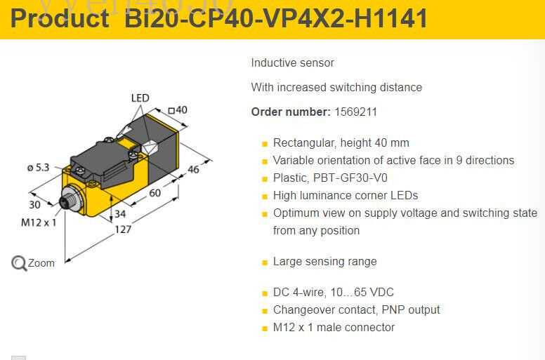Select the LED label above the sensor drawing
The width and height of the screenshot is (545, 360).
pos(140,98)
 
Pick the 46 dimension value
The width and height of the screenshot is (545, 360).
pos(194,169)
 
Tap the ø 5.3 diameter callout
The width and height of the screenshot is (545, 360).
pos(38,167)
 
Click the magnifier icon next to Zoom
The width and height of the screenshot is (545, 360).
pos(19,263)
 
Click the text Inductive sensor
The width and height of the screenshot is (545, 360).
pos(293,63)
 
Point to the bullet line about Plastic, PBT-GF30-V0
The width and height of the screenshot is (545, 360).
pos(330,178)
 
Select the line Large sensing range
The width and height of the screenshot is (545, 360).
pos(324,261)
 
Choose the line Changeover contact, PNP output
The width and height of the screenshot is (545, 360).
pos(356,309)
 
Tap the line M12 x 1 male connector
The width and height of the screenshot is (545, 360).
pos(334,327)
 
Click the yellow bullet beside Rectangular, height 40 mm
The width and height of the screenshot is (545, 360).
pos(265,144)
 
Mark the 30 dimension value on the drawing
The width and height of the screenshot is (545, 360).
pos(35,205)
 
